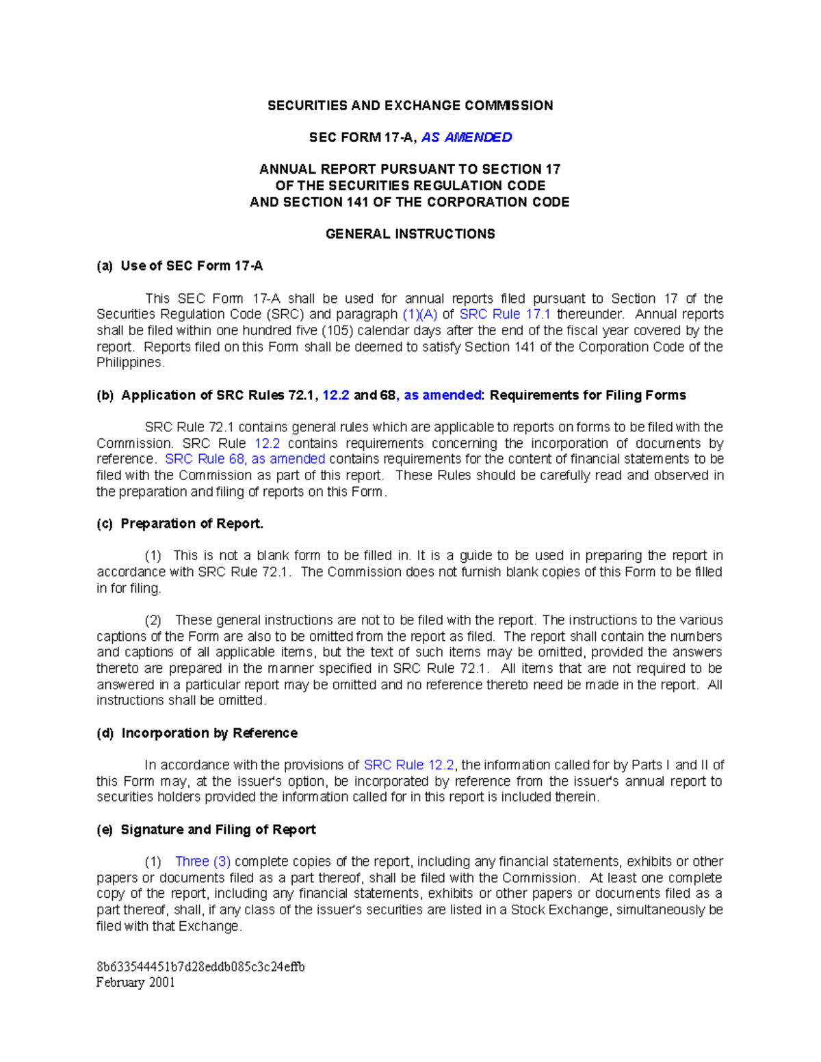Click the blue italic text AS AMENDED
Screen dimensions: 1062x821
click(467, 137)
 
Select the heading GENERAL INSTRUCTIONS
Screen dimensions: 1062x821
click(410, 234)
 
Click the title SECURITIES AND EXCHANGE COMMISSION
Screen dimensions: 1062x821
click(410, 105)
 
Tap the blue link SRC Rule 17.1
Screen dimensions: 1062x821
click(505, 315)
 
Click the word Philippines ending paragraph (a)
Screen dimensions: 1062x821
click(130, 363)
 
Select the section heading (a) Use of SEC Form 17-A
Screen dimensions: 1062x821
click(180, 266)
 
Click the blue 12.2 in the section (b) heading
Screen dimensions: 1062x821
click(336, 395)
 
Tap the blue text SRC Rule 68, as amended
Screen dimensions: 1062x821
click(245, 460)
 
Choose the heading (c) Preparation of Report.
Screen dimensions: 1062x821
click(180, 524)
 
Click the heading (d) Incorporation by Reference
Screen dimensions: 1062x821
click(197, 733)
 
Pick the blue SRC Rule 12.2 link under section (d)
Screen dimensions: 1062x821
click(408, 765)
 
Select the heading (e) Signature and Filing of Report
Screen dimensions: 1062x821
click(206, 829)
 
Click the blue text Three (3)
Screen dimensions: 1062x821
click(203, 862)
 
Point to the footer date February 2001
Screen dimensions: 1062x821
click(135, 983)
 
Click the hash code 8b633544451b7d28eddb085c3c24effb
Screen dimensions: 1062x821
click(200, 967)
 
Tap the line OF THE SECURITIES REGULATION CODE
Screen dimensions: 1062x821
click(410, 186)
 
